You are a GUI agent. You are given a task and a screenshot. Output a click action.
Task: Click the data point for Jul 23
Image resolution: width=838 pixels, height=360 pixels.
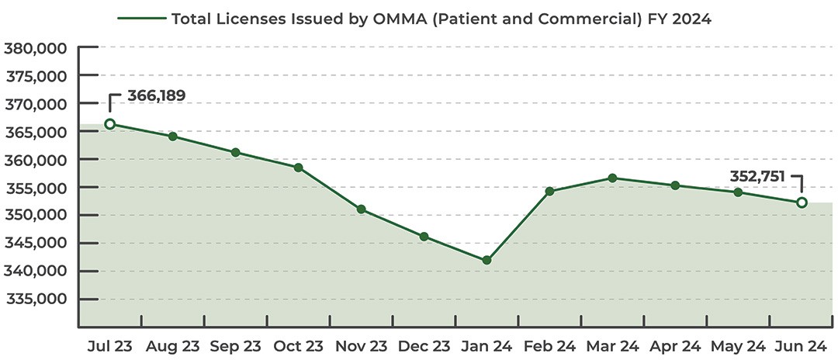click(110, 124)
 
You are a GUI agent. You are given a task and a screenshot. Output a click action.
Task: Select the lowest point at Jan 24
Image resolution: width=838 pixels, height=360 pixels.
click(487, 261)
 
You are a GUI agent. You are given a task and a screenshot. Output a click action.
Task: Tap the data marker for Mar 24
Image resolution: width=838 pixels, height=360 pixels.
click(612, 178)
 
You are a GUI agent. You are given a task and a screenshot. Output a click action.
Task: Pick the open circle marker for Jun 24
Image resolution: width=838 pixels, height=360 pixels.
click(802, 202)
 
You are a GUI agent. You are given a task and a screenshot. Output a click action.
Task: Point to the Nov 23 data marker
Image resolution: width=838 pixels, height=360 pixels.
click(361, 209)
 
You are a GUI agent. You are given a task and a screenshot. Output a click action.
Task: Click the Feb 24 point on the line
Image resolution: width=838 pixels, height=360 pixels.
click(549, 191)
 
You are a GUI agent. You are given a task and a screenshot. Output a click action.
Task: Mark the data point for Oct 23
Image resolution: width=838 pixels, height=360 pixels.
click(298, 168)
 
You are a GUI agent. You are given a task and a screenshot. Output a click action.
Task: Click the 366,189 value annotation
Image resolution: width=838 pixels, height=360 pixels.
click(156, 96)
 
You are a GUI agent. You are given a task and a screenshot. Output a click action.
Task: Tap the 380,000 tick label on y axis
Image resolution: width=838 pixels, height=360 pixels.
click(37, 48)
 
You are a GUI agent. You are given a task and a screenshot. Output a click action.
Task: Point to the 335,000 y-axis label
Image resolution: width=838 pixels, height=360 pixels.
click(37, 299)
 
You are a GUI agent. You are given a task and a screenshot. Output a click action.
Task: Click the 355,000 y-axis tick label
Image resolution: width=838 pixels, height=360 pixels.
click(37, 188)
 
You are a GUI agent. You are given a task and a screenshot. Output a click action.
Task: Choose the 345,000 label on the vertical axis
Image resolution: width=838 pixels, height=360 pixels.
click(37, 244)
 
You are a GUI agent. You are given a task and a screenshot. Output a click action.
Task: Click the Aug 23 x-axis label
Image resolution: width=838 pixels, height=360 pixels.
click(171, 345)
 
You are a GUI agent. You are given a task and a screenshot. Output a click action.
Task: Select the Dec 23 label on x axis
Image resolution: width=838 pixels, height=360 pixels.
click(424, 345)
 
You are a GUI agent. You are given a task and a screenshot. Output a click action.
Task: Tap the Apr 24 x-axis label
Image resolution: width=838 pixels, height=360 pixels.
click(675, 345)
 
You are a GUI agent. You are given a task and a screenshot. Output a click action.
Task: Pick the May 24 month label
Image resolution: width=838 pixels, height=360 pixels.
click(738, 345)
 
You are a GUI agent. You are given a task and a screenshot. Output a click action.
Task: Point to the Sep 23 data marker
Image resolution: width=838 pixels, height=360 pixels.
click(235, 152)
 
